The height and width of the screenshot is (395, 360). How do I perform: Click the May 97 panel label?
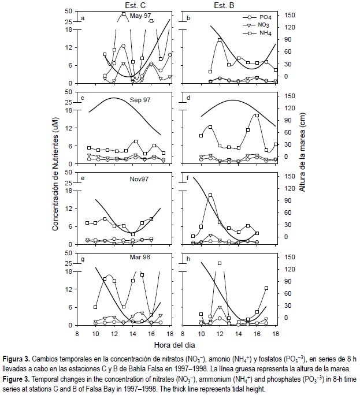coord(139,17)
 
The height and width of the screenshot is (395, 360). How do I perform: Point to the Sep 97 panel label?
coord(139,99)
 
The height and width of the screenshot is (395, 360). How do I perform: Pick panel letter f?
coord(188,178)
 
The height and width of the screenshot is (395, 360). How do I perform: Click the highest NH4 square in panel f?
coord(210,196)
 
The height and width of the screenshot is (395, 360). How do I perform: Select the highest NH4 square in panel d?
coord(257,116)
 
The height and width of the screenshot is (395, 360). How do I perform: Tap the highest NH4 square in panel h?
coord(220,263)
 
